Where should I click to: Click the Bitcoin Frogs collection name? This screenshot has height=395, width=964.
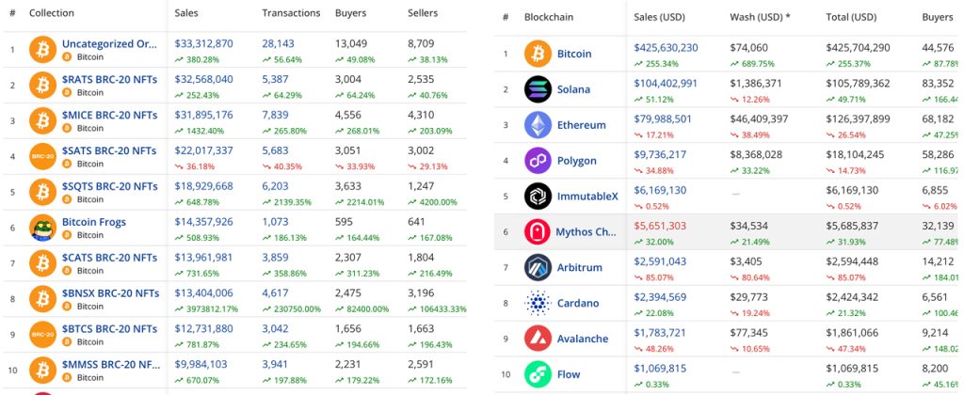[93, 222]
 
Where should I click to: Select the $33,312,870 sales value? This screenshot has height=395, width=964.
[203, 43]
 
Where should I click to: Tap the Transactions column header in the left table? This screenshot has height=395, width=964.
[291, 13]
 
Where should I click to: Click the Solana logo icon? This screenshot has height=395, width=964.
[538, 89]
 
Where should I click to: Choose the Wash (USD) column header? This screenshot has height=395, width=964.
[760, 17]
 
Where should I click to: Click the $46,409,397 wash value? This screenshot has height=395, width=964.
[763, 118]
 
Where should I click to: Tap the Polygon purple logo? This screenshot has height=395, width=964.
[538, 161]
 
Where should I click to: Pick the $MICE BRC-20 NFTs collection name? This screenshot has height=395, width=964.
[109, 115]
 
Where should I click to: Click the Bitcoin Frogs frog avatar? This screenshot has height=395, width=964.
[43, 229]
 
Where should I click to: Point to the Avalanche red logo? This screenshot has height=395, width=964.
[538, 339]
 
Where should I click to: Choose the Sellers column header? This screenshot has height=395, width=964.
[423, 13]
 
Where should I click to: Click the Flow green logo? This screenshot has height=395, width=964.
[538, 374]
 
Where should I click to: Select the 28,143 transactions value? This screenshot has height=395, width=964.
[282, 43]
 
